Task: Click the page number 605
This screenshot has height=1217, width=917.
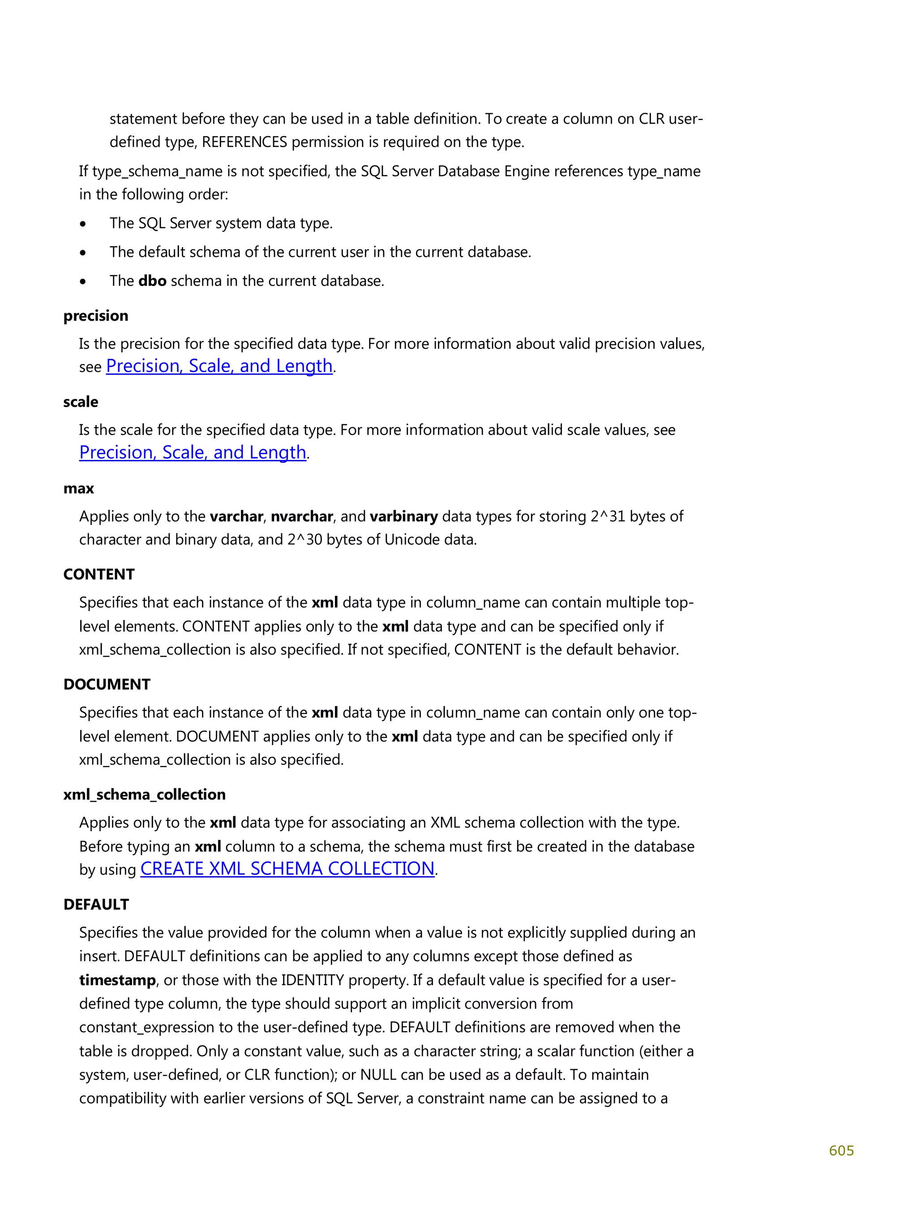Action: pos(840,1150)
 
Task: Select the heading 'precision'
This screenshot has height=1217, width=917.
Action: pos(96,316)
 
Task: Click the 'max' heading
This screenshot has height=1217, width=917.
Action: pos(79,489)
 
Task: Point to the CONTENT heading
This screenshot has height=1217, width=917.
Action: pos(99,574)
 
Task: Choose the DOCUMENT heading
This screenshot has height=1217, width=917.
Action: pos(107,684)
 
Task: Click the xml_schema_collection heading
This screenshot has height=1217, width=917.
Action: pos(144,795)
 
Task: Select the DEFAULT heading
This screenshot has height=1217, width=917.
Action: pos(96,904)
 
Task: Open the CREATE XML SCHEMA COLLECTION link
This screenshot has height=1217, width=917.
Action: pos(287,869)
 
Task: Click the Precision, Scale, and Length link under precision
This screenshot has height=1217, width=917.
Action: pos(219,366)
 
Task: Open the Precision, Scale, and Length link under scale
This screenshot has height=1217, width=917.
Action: pos(193,453)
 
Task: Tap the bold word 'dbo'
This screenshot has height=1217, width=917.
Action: pos(152,281)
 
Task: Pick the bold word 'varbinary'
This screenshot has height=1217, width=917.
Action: pos(403,516)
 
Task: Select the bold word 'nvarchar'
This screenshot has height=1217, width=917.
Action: pos(301,516)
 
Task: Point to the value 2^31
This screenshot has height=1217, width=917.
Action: pos(608,516)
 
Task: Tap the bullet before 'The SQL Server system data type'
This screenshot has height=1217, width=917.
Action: pos(83,224)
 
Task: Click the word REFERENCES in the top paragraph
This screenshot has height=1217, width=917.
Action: pos(244,142)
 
